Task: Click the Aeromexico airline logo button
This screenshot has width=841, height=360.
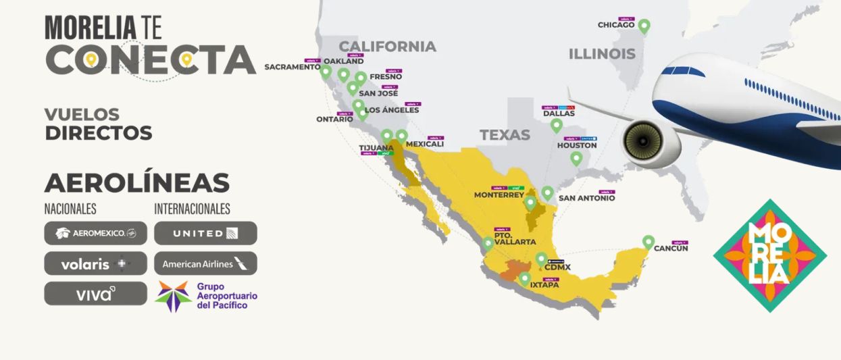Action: (95, 233)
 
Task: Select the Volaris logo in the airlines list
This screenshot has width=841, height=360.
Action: (95, 263)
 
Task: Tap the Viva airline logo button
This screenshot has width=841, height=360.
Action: (95, 294)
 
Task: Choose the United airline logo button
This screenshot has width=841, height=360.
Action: (205, 233)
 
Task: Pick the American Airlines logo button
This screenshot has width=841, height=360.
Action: (205, 263)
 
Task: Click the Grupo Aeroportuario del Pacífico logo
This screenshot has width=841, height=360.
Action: (206, 296)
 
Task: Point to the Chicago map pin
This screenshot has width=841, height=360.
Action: (644, 26)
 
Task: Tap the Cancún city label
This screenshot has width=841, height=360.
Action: (670, 249)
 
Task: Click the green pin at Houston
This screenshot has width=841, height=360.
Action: (576, 159)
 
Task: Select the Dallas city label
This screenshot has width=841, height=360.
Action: (559, 113)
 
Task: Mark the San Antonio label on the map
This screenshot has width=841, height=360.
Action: (586, 198)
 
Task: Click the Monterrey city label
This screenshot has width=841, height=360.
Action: (499, 195)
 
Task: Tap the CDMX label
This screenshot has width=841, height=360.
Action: (557, 267)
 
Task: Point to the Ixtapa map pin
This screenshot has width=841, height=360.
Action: (525, 278)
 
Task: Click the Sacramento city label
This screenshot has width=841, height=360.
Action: (292, 67)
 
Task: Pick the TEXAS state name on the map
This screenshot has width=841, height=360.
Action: (505, 135)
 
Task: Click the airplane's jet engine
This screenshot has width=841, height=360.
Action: (642, 143)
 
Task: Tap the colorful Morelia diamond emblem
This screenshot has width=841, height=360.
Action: (769, 255)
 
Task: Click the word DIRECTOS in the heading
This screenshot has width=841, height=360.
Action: (99, 133)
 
